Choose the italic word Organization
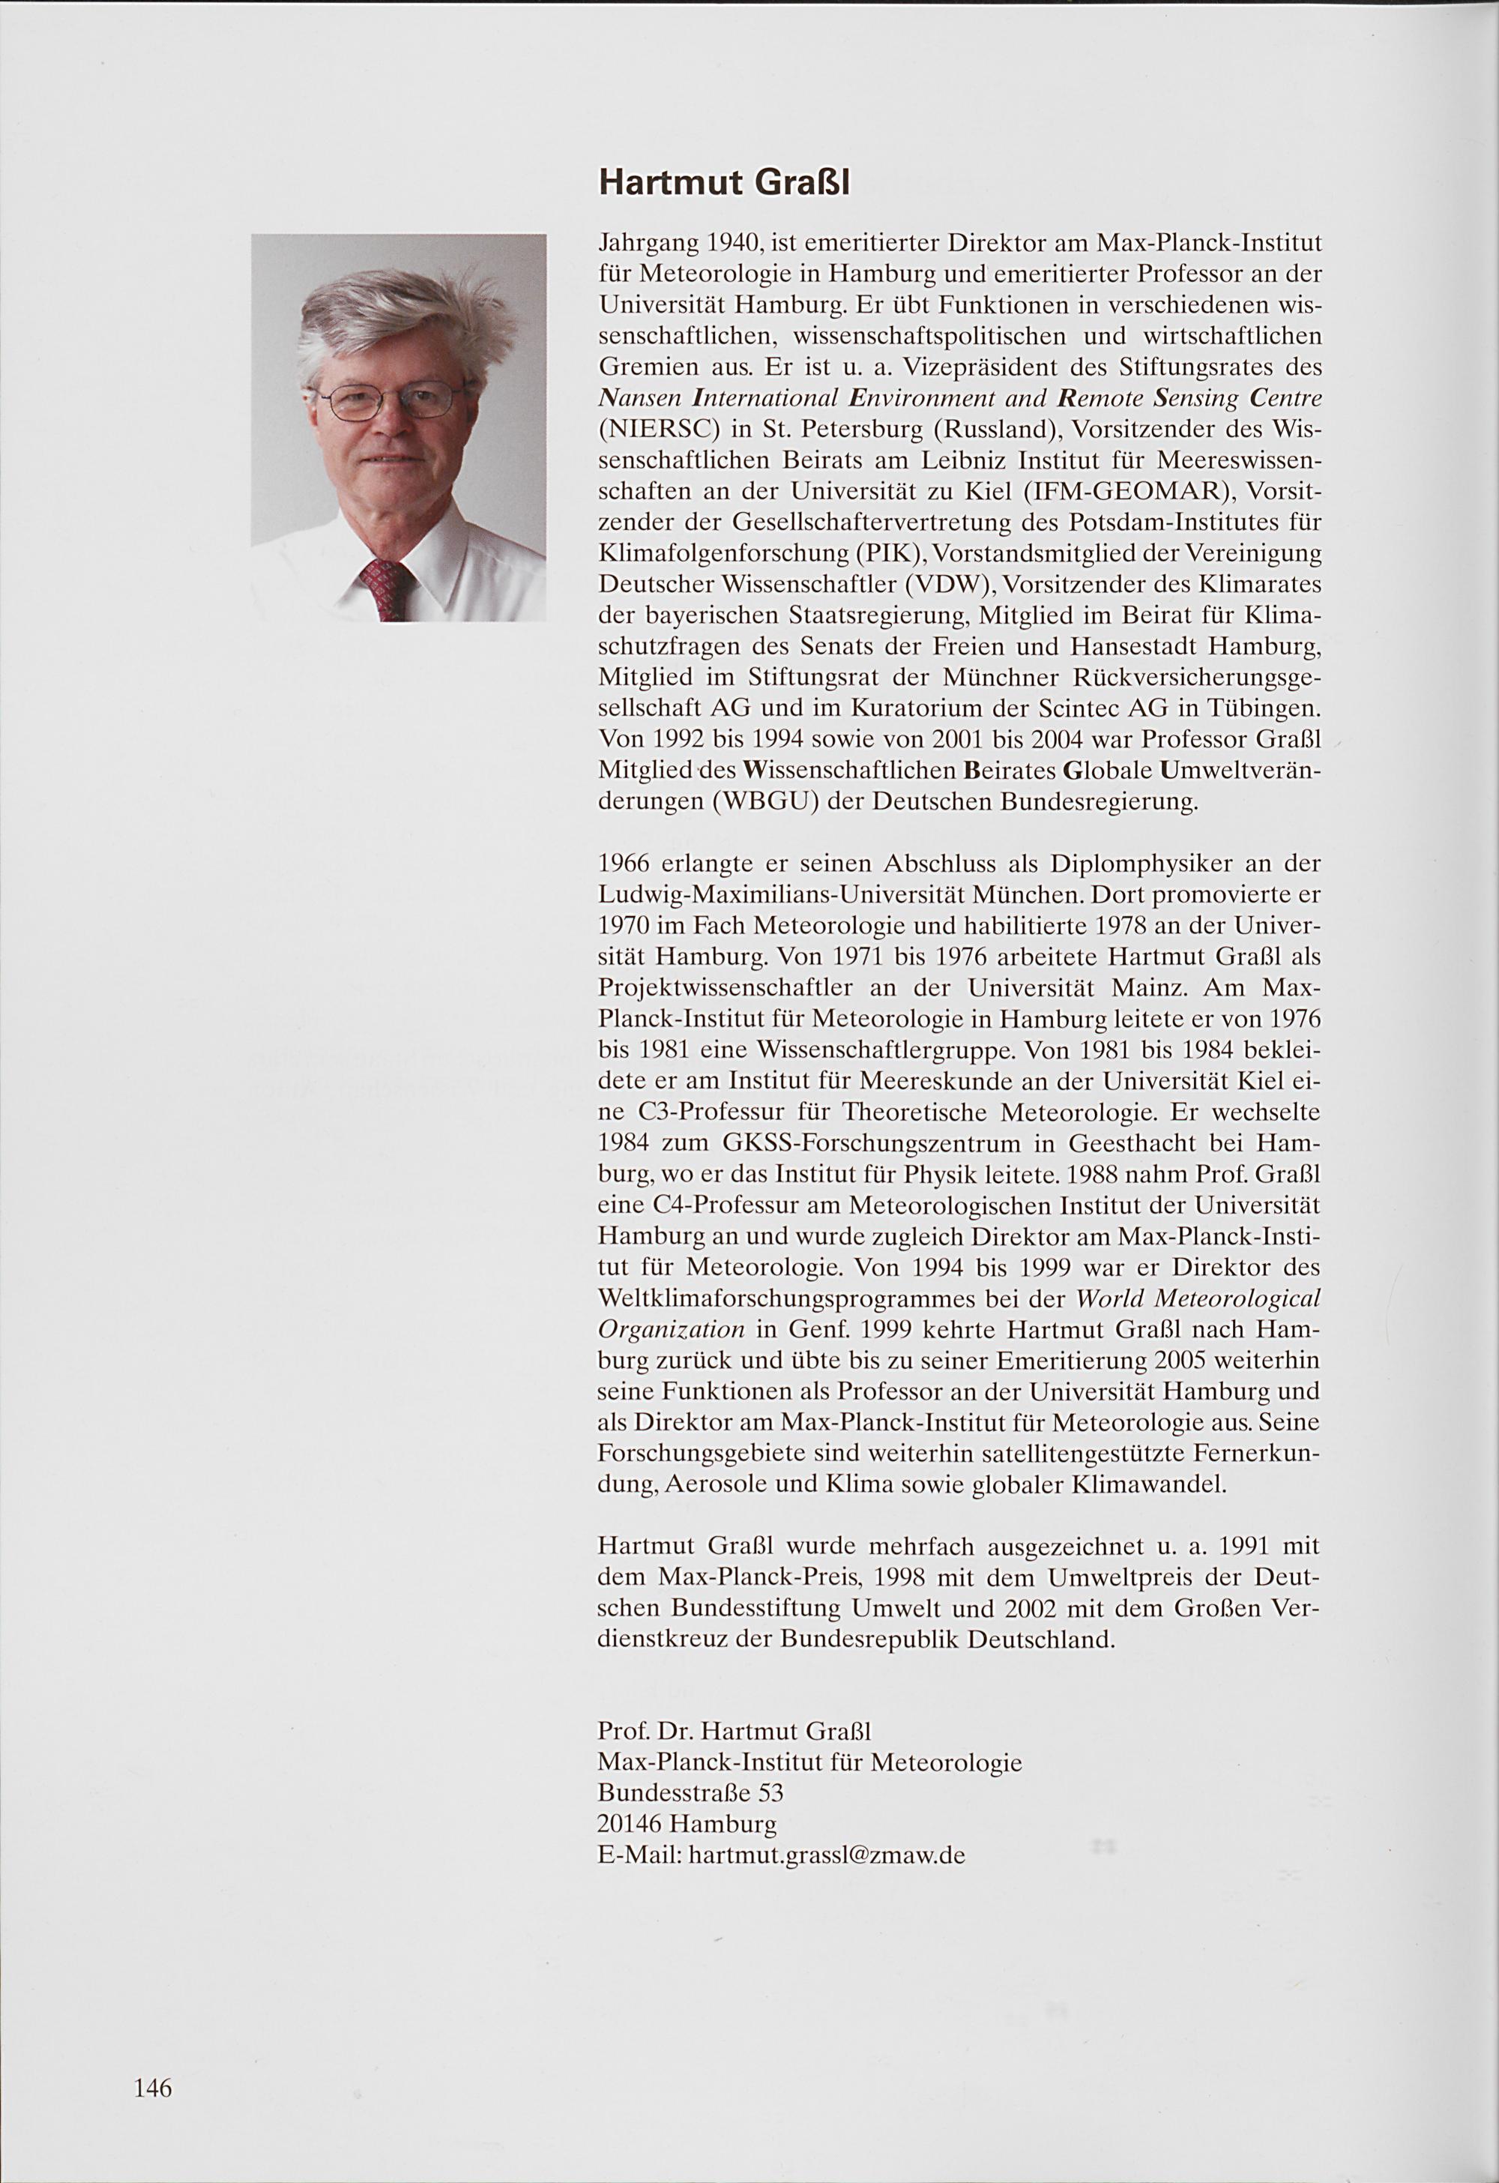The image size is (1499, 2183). coord(672,1330)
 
